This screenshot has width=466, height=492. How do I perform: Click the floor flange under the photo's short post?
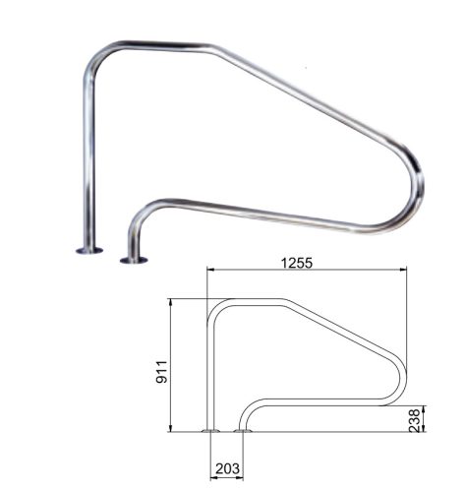(134, 260)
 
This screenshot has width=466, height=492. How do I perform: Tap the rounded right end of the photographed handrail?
(417, 187)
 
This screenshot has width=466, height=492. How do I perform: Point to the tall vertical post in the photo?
(88, 157)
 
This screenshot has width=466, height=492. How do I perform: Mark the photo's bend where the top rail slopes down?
(211, 48)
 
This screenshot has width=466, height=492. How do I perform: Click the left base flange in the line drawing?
(209, 430)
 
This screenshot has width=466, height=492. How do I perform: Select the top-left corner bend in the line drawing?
(214, 306)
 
